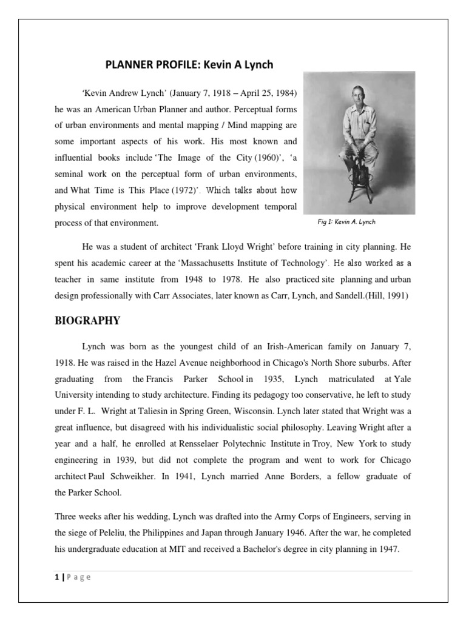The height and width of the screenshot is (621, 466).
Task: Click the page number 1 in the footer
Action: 56,577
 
